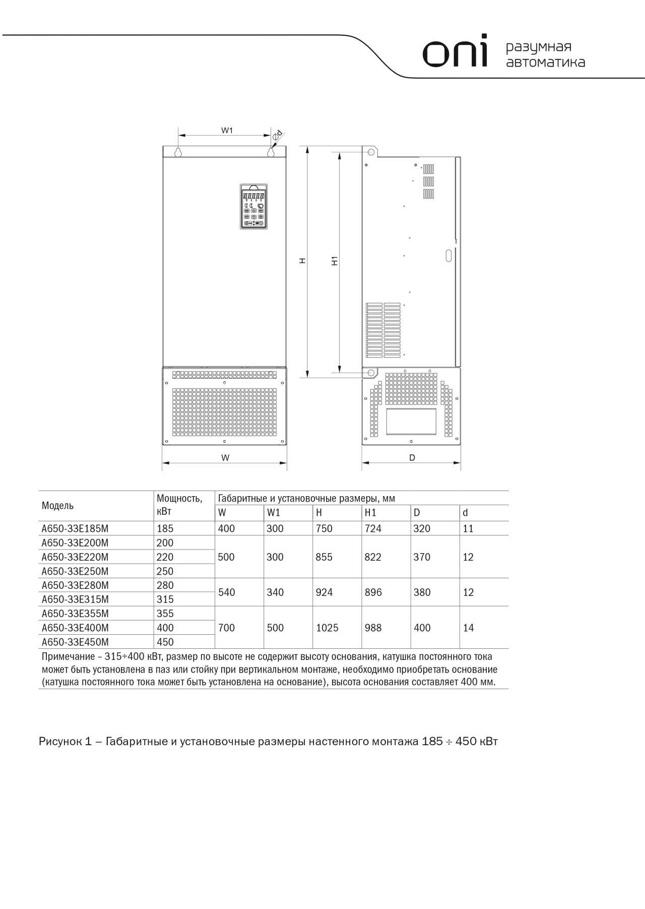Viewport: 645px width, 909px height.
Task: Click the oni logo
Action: pos(455,51)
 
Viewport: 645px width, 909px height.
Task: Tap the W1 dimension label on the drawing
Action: pos(227,131)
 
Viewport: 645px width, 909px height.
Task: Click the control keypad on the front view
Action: pos(253,207)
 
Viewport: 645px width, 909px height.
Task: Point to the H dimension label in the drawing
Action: pos(302,261)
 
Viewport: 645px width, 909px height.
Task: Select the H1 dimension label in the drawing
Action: pos(335,261)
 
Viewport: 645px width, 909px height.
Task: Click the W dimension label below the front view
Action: pos(225,458)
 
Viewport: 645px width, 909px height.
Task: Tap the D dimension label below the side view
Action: pos(412,458)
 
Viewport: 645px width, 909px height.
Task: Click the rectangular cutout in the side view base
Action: pos(411,421)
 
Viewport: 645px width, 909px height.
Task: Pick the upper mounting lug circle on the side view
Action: pos(371,152)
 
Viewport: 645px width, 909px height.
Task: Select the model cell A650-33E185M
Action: pos(75,528)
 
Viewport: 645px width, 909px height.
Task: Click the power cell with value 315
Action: pos(165,599)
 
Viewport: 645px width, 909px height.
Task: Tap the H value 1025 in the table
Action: pos(327,628)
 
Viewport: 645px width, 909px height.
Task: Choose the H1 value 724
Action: pos(373,528)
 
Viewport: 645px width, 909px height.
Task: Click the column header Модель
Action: pos(57,506)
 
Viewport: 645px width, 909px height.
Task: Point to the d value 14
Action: pos(468,628)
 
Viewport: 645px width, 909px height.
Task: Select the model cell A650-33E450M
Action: pos(75,642)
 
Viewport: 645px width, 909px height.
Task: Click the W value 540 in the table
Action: pos(226,592)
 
